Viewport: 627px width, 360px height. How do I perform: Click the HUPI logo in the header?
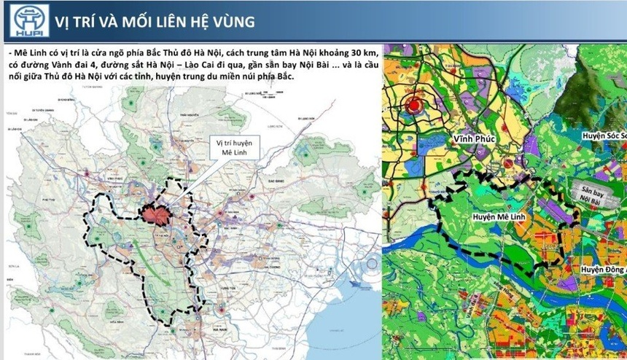pyautogui.click(x=26, y=20)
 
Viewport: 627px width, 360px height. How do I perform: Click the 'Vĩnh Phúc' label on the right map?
pyautogui.click(x=474, y=137)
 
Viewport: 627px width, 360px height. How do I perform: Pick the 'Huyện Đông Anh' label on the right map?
pyautogui.click(x=602, y=270)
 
